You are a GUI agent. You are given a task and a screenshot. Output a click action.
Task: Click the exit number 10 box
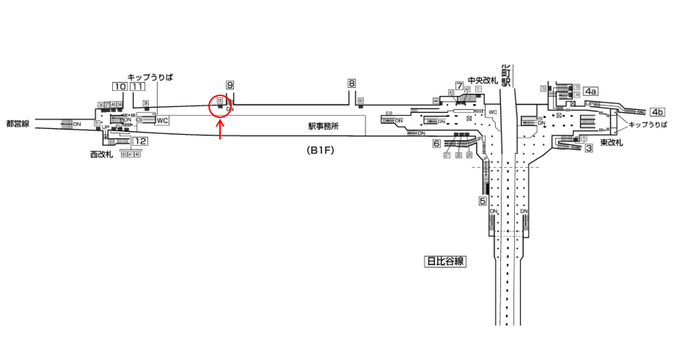click(x=119, y=87)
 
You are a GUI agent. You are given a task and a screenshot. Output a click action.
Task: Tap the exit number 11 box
click(x=138, y=87)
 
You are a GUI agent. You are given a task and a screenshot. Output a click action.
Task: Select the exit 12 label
click(x=141, y=142)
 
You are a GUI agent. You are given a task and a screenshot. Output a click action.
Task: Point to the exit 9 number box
click(x=230, y=86)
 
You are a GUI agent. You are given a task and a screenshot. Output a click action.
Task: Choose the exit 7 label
click(x=459, y=86)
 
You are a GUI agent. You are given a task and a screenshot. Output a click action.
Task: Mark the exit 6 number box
click(x=436, y=144)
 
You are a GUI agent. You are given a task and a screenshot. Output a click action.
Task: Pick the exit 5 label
click(x=483, y=201)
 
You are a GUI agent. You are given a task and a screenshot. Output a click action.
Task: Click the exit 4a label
click(x=590, y=91)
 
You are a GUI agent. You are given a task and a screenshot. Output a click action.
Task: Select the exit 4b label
click(x=656, y=112)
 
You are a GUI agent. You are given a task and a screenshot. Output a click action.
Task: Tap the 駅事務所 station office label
click(x=323, y=126)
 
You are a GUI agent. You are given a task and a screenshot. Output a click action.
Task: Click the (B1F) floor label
click(x=320, y=151)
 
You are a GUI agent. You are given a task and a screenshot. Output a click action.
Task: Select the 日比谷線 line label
click(x=446, y=260)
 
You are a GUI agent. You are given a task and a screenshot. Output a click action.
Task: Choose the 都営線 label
click(x=16, y=124)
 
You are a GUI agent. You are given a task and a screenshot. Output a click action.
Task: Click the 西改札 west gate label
click(x=101, y=155)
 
